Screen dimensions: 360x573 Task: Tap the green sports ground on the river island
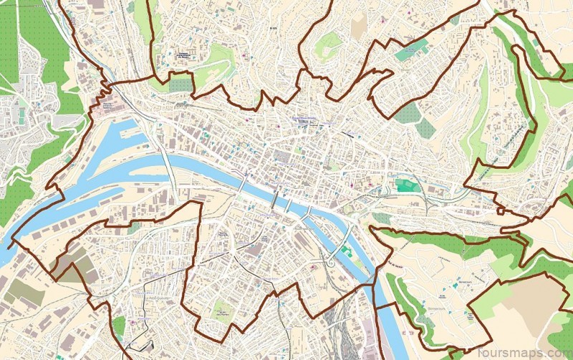(x=347, y=251)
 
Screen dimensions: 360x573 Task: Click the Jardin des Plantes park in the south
(x=223, y=309)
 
